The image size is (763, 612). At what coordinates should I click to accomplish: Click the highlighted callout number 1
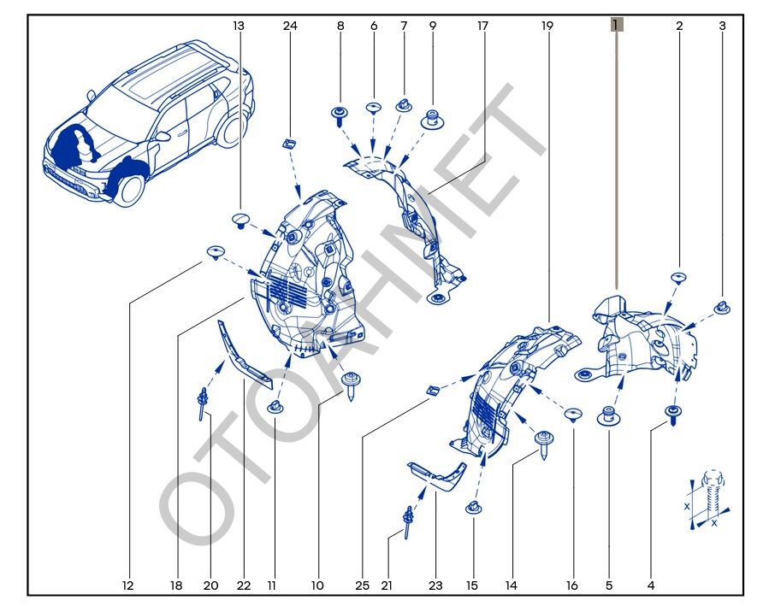[x=617, y=25]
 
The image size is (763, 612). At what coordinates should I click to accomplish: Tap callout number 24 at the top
[x=290, y=26]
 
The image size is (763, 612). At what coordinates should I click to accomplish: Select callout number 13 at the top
[x=239, y=26]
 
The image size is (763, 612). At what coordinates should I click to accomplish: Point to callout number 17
[x=482, y=26]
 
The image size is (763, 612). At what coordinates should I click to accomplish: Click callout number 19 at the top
[x=547, y=26]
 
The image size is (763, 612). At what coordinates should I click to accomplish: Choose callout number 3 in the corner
[x=723, y=26]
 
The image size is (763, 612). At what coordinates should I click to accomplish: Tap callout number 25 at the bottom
[x=363, y=586]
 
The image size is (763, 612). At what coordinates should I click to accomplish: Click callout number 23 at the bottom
[x=435, y=586]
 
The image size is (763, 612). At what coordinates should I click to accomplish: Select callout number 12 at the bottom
[x=128, y=586]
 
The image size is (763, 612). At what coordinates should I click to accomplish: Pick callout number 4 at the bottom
[x=651, y=586]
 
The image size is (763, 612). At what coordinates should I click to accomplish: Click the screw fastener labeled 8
[x=340, y=116]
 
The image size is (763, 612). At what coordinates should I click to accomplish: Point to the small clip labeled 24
[x=289, y=144]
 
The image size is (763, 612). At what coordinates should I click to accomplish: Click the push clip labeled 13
[x=241, y=221]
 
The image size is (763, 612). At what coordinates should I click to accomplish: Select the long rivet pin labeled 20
[x=202, y=403]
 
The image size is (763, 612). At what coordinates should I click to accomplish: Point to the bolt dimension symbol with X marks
[x=709, y=500]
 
